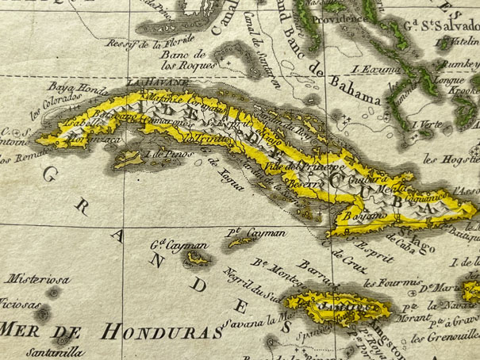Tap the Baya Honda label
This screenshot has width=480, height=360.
pyautogui.click(x=68, y=86)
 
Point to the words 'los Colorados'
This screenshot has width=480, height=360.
pyautogui.click(x=56, y=105)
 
